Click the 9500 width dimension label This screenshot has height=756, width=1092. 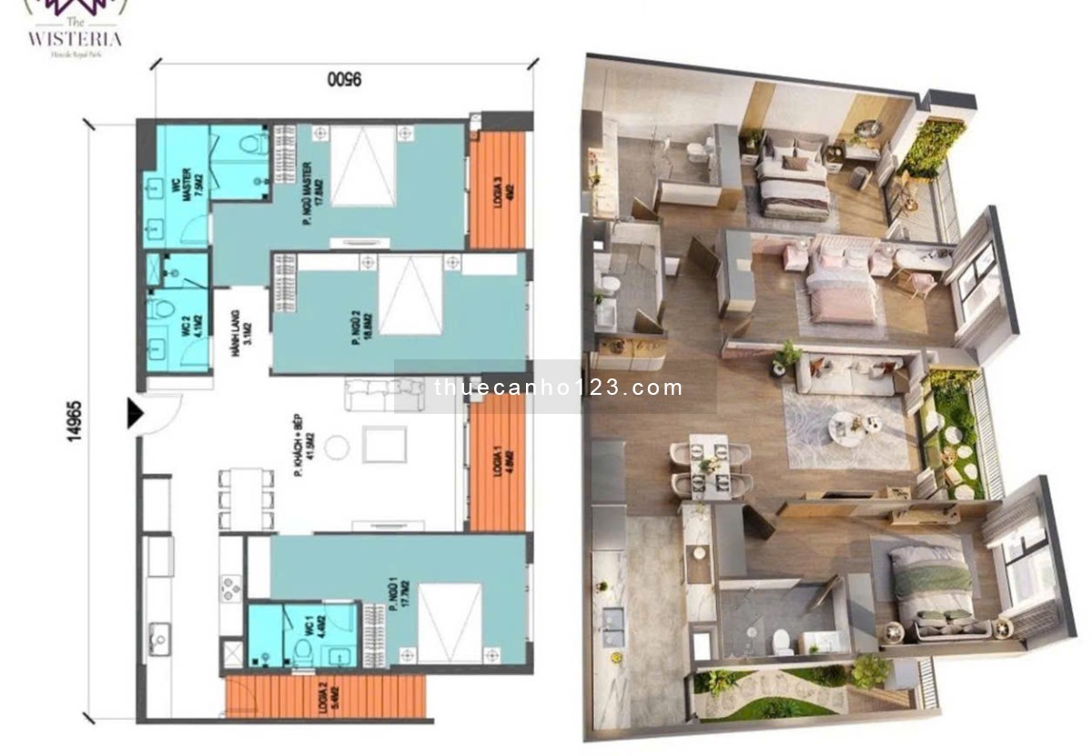343,79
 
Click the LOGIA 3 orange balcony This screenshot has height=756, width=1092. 497,190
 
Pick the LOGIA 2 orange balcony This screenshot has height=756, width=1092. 325,697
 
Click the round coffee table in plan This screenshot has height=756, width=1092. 337,446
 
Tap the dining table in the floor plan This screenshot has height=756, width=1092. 246,498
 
